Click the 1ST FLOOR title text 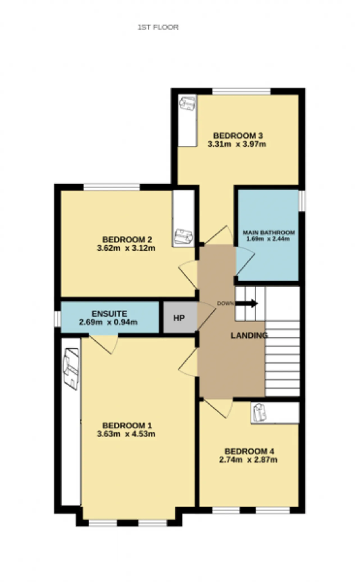158,27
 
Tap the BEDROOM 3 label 238,136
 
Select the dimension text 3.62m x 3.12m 126,248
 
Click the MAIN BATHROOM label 269,233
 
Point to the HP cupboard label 179,318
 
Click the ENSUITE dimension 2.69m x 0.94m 108,322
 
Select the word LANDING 249,335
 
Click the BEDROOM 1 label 127,426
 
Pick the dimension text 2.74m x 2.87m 248,460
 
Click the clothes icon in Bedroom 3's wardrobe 188,104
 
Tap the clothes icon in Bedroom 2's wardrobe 183,236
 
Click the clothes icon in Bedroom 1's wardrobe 71,369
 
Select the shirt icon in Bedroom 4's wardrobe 259,413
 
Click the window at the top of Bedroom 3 241,91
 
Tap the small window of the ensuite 57,319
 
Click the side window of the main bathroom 302,201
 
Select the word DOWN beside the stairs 225,303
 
